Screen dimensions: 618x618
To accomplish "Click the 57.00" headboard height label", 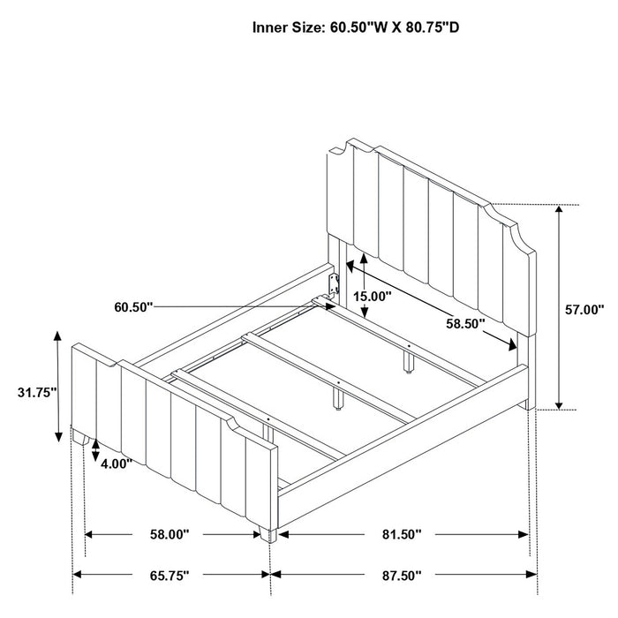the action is click(584, 309).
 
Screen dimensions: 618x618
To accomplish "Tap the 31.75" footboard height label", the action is click(37, 392).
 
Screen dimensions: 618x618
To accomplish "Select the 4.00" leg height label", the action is click(117, 463).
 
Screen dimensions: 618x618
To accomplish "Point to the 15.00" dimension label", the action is click(372, 296).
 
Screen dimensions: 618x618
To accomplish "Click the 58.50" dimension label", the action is click(465, 324).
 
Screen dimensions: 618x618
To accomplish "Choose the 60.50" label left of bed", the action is click(133, 306).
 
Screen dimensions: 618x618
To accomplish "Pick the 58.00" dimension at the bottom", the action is click(170, 534).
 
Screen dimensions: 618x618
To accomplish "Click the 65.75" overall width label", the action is click(170, 576).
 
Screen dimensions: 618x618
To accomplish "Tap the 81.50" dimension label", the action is click(402, 534).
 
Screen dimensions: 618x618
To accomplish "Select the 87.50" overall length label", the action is click(402, 576).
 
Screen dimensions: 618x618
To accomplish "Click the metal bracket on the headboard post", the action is click(335, 283).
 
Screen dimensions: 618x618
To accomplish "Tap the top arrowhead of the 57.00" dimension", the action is click(559, 208).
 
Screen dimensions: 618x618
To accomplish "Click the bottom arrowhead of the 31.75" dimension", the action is click(58, 437).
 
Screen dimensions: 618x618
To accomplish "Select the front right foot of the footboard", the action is click(268, 534).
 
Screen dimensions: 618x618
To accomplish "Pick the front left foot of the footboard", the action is click(81, 437).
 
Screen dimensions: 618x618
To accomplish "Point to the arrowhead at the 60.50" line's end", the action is click(331, 306).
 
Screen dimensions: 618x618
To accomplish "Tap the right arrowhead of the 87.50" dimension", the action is click(532, 574).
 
